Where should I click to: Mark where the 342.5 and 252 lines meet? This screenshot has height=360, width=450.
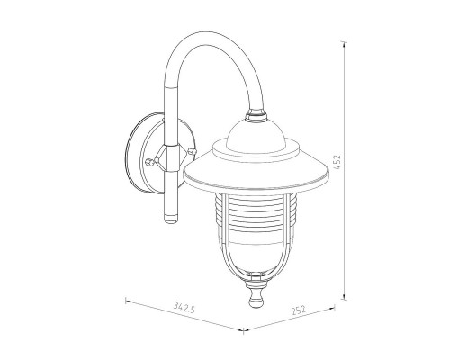click(x=246, y=330)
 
